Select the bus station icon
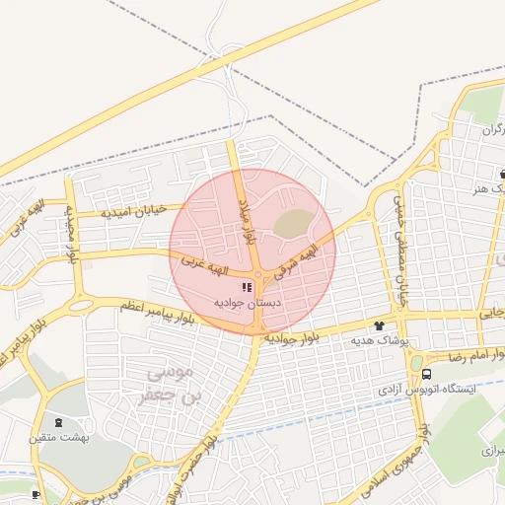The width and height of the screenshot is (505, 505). click(x=426, y=374)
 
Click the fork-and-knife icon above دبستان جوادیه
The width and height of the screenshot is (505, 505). click(x=247, y=287)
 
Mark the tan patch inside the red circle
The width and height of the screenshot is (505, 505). click(x=293, y=224)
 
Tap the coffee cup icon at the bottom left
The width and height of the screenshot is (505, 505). click(x=36, y=493)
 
